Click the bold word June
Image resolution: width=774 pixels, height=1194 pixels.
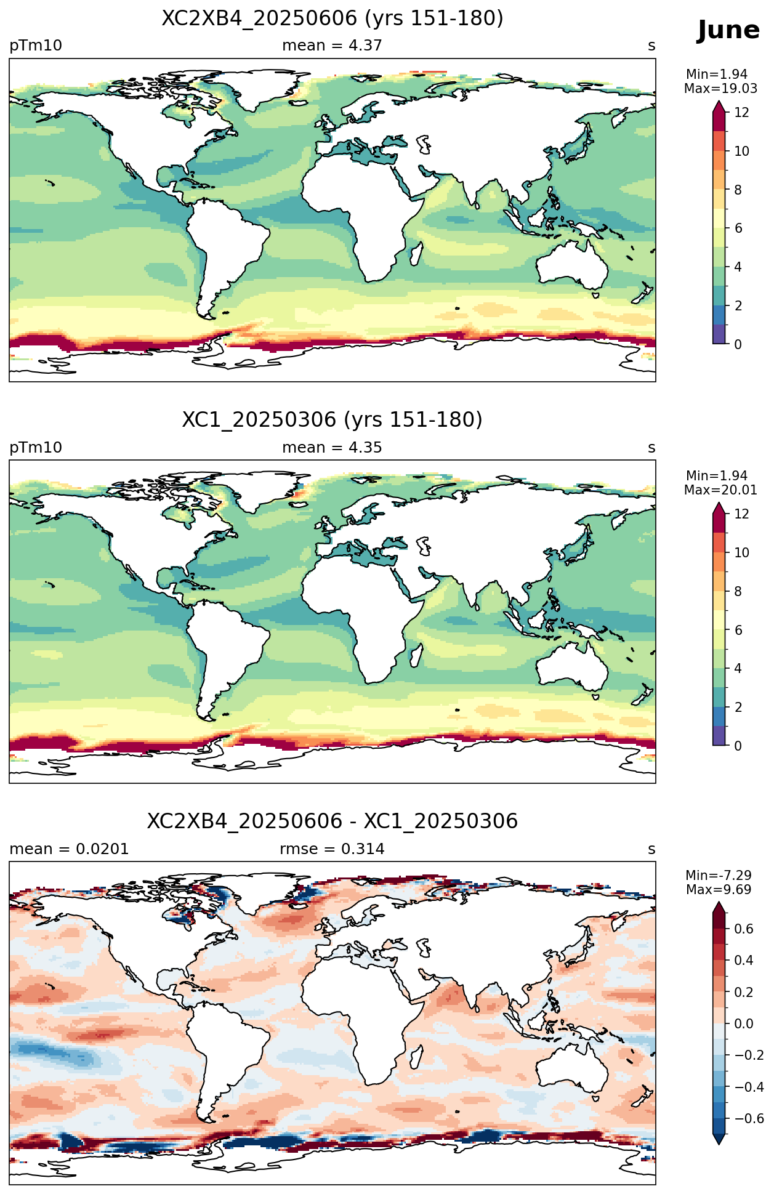[728, 30]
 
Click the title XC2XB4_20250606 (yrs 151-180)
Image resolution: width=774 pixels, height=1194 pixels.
[333, 18]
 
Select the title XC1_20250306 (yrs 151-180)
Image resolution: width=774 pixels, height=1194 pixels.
[333, 420]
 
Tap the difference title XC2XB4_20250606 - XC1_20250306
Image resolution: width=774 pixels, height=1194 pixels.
[333, 821]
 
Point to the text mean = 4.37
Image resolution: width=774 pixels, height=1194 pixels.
[332, 46]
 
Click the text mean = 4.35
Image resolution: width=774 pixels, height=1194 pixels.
[332, 448]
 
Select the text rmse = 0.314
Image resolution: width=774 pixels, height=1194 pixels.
[332, 849]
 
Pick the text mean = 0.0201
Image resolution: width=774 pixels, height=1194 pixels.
[69, 849]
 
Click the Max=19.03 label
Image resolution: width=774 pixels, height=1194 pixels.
[720, 89]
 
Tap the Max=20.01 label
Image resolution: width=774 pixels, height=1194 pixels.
[720, 490]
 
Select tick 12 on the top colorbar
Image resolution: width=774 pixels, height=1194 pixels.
[742, 112]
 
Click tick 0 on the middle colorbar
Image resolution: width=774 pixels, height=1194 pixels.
[738, 746]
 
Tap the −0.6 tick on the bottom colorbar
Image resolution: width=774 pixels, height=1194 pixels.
[749, 1118]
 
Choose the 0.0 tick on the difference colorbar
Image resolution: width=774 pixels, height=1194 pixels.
[744, 1023]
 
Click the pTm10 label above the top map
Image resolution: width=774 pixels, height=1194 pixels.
[36, 46]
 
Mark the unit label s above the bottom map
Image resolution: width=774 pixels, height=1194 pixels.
[651, 849]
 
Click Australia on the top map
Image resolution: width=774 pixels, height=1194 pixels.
[571, 265]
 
